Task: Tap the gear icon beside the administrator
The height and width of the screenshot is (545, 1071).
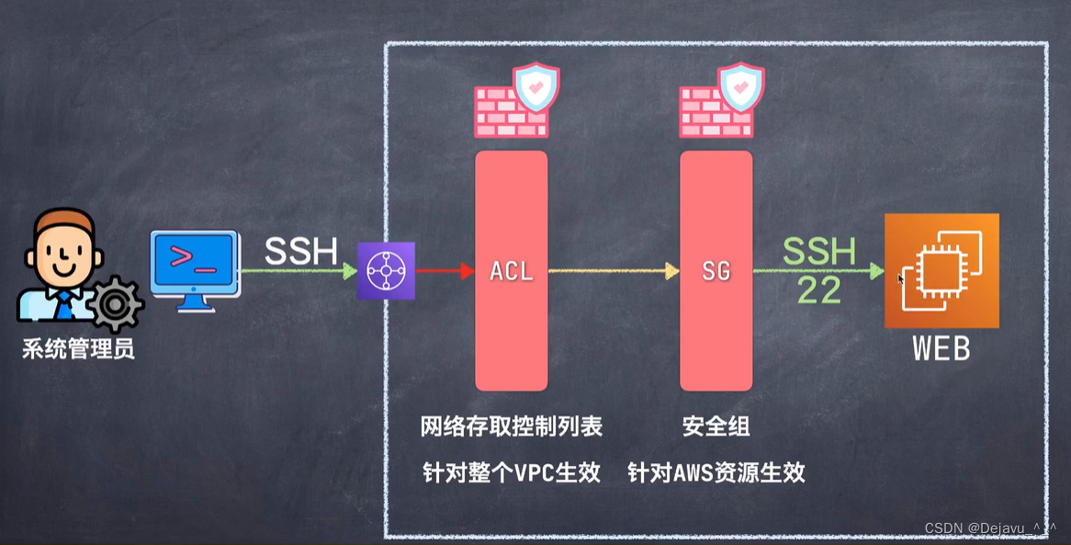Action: click(x=115, y=303)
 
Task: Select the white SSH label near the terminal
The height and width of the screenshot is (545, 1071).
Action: click(x=301, y=251)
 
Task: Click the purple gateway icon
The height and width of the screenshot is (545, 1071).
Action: click(x=386, y=271)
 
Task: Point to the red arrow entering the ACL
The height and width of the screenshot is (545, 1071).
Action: click(x=445, y=271)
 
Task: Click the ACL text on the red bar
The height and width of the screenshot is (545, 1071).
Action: click(x=512, y=272)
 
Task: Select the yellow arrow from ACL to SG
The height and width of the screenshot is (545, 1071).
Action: click(x=612, y=271)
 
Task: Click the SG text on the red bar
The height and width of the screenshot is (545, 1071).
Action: click(x=716, y=272)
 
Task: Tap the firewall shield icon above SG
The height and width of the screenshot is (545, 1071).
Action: click(x=721, y=100)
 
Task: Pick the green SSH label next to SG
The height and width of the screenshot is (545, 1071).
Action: click(x=819, y=251)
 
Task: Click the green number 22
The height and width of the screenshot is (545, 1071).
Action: click(x=819, y=290)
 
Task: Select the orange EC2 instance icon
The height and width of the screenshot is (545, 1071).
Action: click(x=941, y=270)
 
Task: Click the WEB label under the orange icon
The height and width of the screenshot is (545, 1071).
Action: click(x=941, y=349)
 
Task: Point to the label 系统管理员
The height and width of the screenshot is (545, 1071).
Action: click(x=79, y=349)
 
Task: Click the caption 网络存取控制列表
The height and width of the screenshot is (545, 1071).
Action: click(x=512, y=426)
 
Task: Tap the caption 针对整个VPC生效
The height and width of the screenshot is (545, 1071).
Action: click(x=512, y=472)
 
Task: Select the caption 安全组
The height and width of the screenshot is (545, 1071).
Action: click(x=716, y=426)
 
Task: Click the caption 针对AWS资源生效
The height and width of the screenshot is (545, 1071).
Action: click(x=716, y=472)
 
